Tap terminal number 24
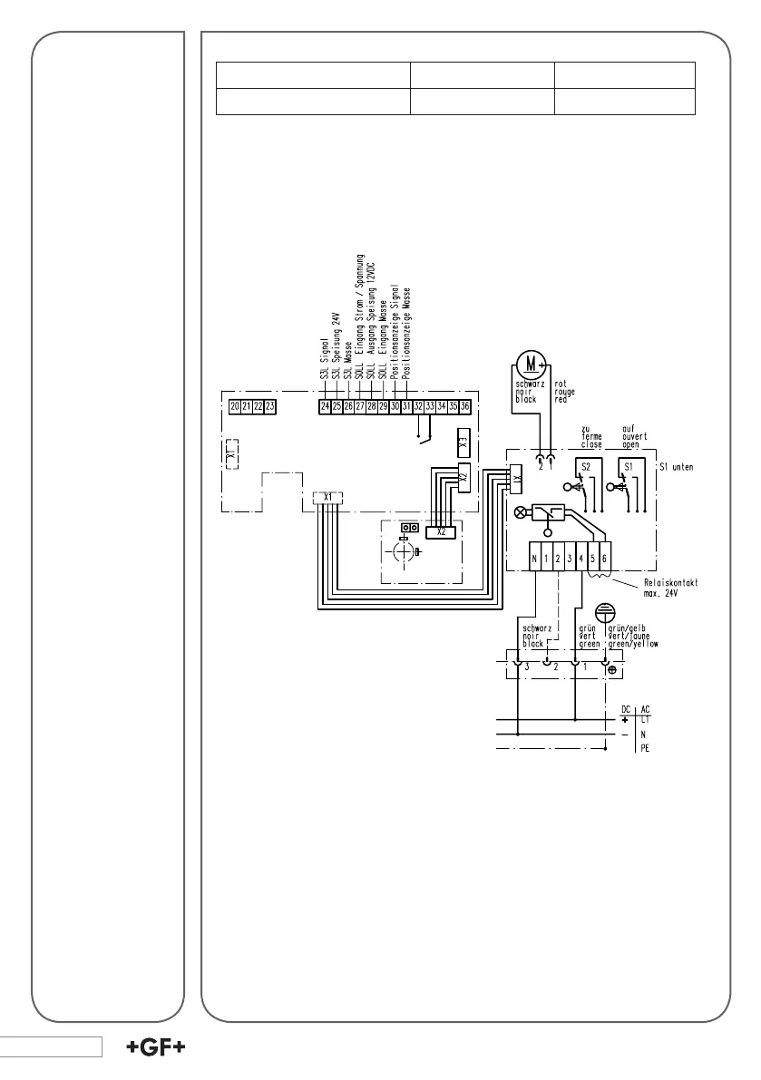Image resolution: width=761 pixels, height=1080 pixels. (325, 407)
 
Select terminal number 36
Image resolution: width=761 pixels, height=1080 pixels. (464, 407)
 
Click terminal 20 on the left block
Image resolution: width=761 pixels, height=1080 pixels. (235, 407)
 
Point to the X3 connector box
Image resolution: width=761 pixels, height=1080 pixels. (463, 444)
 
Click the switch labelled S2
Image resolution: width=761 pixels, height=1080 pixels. (586, 465)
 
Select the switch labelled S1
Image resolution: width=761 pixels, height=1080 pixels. (625, 465)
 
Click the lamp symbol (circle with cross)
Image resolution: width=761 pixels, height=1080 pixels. (521, 511)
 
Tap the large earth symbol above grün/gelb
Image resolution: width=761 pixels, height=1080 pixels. (604, 613)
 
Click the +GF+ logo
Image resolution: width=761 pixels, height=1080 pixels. (156, 1047)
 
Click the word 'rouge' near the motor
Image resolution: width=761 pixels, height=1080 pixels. (565, 392)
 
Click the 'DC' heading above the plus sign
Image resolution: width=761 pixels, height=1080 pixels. (625, 708)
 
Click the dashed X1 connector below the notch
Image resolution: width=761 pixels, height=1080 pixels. (328, 497)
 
